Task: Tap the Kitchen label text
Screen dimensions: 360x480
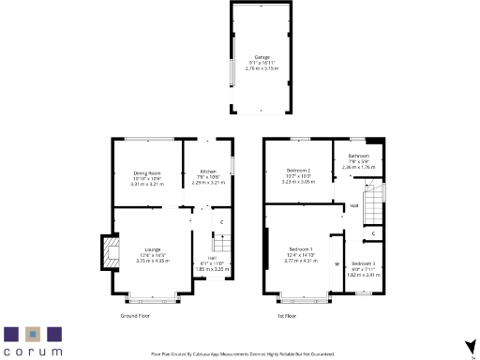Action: (x=208, y=172)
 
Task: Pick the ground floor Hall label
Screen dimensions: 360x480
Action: (x=212, y=258)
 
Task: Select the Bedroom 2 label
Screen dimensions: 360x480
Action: (x=298, y=170)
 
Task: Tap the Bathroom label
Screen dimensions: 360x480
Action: (x=358, y=156)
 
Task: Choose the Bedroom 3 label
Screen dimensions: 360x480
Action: (x=364, y=265)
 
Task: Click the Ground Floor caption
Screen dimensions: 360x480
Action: (x=138, y=316)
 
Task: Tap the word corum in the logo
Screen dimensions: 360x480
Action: (x=33, y=351)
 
